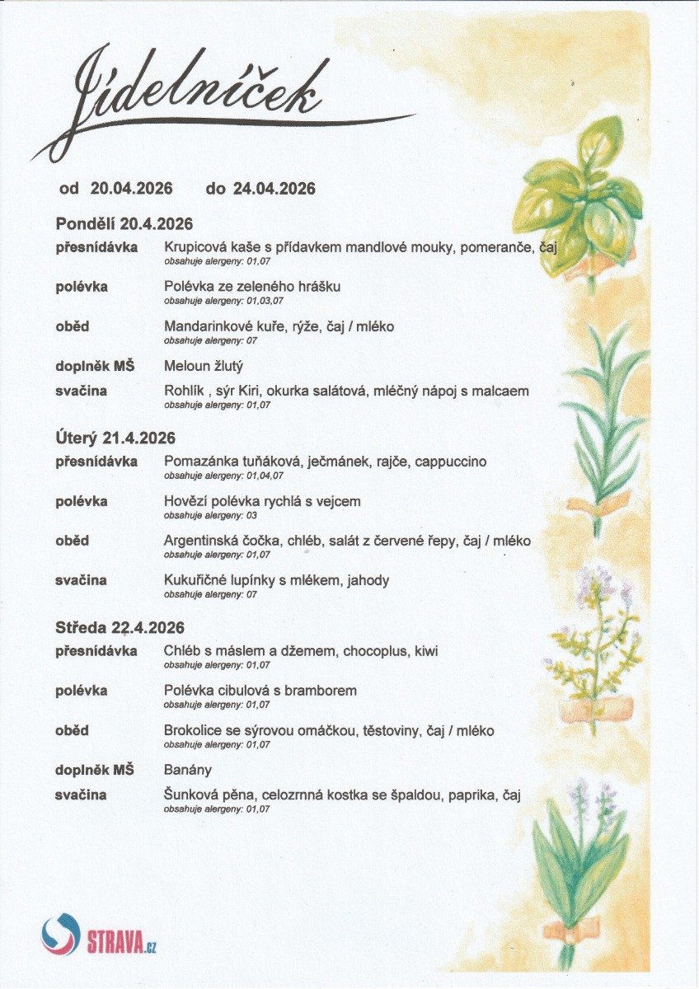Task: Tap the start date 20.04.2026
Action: [x=131, y=189]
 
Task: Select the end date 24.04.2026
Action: [x=274, y=189]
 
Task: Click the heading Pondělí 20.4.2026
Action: [x=124, y=224]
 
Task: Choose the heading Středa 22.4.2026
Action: [x=120, y=628]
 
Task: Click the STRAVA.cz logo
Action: [x=99, y=936]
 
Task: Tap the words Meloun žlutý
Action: [x=204, y=366]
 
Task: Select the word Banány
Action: [x=188, y=770]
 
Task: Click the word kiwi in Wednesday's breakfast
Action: [x=426, y=651]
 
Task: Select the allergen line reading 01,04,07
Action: [x=223, y=476]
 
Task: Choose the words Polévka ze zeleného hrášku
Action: [x=252, y=287]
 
